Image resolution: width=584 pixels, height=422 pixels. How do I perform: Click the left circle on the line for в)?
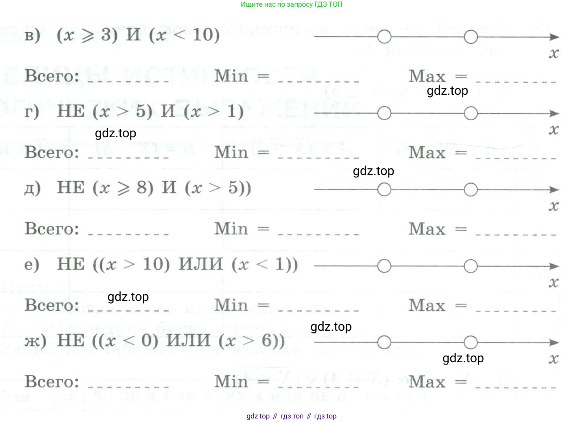click(x=384, y=37)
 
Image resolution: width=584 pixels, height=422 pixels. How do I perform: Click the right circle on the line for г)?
click(x=471, y=114)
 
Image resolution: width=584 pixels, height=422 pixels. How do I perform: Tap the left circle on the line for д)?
click(x=384, y=190)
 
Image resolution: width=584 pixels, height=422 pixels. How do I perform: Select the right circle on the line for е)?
click(x=471, y=266)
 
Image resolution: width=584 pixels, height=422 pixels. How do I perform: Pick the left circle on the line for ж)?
click(x=384, y=343)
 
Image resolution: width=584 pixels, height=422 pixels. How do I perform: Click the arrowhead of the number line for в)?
click(x=555, y=37)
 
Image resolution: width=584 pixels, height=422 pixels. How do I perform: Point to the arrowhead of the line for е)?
click(x=555, y=266)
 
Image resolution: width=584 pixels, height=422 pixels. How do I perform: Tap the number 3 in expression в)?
click(x=107, y=35)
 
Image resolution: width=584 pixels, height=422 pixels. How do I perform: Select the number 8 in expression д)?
click(x=142, y=188)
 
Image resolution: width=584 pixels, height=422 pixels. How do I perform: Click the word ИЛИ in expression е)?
click(x=201, y=264)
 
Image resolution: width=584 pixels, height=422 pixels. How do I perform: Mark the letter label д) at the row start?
click(x=32, y=188)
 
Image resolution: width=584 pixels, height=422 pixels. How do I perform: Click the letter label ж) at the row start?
click(x=35, y=341)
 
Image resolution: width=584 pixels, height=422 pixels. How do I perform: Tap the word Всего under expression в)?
click(x=52, y=76)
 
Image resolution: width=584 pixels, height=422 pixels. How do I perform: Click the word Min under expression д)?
click(x=231, y=229)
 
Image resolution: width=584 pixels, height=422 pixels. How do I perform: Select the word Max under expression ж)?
click(x=427, y=382)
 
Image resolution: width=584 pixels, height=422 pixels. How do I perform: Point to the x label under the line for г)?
click(x=554, y=129)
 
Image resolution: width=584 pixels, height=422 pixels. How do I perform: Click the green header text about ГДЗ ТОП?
click(x=291, y=5)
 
